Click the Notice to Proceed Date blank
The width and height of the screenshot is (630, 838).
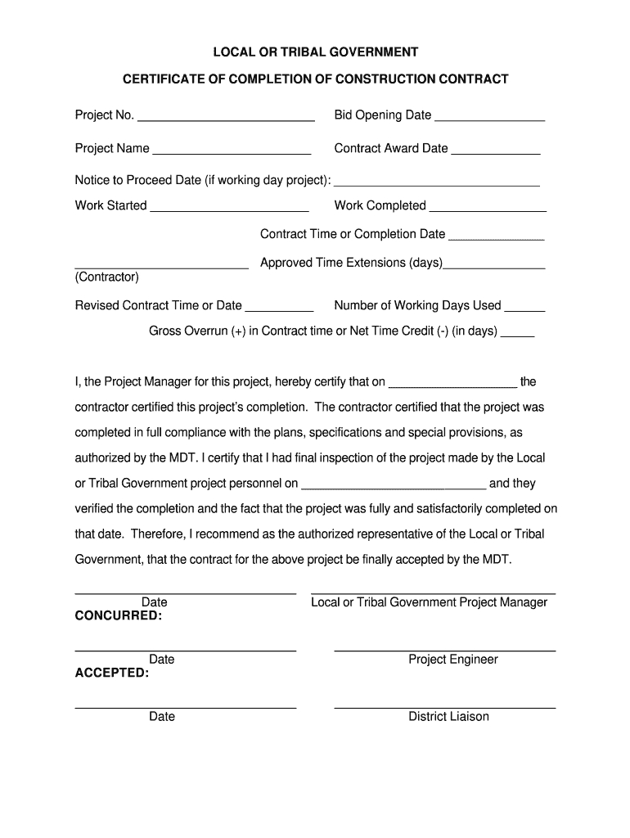(437, 183)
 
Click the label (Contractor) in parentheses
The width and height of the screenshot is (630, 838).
(107, 277)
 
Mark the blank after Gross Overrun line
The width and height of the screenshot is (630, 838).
(517, 335)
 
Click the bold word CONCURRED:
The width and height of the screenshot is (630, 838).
(119, 615)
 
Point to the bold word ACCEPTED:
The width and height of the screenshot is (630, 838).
(112, 673)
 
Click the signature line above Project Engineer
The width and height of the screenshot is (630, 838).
(445, 650)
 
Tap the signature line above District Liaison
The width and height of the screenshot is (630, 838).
(445, 706)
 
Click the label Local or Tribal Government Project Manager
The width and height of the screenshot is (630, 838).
(429, 602)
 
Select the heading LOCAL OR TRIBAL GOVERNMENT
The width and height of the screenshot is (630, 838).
(316, 52)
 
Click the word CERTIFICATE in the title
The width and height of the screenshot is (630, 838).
(161, 79)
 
